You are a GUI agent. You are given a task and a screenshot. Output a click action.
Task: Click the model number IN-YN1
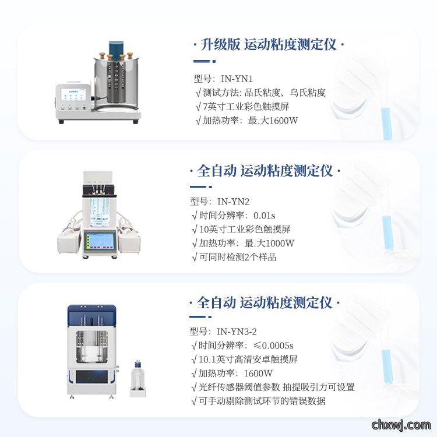point(237,79)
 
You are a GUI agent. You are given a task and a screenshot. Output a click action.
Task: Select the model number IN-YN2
point(233,202)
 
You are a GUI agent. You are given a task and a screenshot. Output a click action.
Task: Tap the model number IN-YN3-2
point(237,332)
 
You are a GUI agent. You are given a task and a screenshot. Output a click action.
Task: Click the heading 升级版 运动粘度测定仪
point(269,45)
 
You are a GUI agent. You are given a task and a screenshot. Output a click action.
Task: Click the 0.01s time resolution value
point(264,216)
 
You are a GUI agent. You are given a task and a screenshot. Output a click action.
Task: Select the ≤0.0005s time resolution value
point(273,346)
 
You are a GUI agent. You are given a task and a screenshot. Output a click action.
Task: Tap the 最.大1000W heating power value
point(269,243)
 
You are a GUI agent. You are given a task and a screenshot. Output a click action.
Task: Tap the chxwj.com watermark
point(401,425)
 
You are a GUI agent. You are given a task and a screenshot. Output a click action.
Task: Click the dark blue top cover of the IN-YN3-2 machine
point(91,312)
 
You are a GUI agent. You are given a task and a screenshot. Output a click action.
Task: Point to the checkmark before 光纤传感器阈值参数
point(194,387)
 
